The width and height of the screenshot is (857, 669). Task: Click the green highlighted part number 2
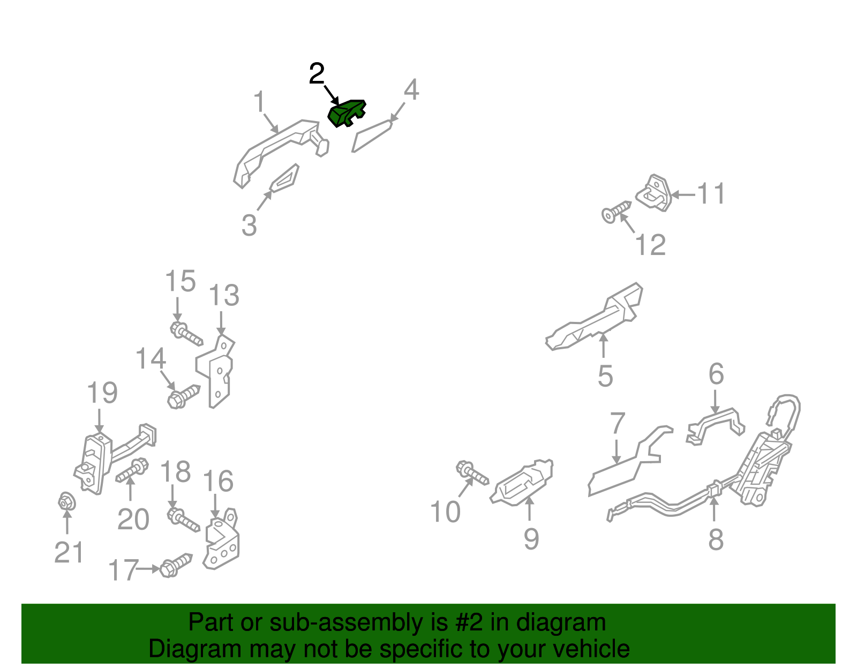[x=346, y=113]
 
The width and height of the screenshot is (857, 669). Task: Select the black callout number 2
[x=317, y=73]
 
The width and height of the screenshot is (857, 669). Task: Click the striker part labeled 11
[x=655, y=193]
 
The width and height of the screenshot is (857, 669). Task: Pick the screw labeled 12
[x=617, y=212]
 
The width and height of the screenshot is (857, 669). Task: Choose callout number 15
[x=180, y=281]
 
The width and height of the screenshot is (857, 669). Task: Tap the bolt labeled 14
[x=183, y=396]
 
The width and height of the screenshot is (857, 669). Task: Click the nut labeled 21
[x=66, y=502]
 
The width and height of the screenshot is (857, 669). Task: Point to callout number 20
[x=133, y=519]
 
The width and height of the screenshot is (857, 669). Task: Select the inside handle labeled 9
[x=521, y=482]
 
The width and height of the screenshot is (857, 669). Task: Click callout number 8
[x=716, y=540]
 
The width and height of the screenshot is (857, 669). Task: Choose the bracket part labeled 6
[x=715, y=427]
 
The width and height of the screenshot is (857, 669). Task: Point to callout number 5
[x=605, y=375]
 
